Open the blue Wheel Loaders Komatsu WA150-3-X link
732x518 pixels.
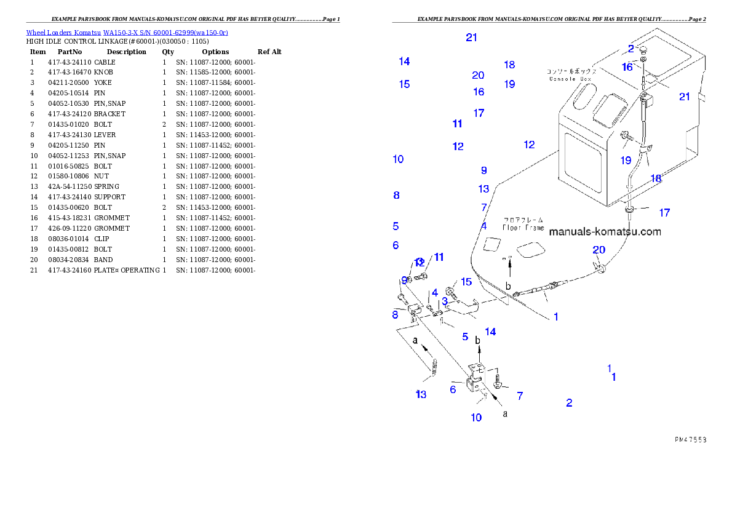127,33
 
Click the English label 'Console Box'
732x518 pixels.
569,79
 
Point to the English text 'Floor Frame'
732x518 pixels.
523,228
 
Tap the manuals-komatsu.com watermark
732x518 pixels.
605,232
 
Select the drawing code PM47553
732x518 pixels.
690,440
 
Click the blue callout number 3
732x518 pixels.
444,301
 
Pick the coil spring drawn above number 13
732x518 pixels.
433,369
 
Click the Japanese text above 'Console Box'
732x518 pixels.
571,71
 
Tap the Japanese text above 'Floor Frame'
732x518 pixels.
523,220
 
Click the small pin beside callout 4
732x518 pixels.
429,307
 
